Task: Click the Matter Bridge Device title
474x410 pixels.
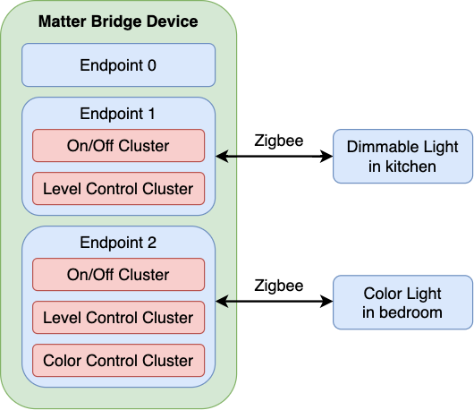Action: coord(118,21)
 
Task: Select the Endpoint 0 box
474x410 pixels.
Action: coord(118,64)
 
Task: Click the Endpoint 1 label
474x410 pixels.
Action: coord(118,114)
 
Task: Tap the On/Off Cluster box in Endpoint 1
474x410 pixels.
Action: coord(118,146)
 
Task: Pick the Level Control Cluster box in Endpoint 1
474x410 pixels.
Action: coord(118,189)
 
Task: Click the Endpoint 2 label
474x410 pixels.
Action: coord(118,243)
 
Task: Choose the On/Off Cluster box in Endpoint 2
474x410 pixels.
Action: coord(118,275)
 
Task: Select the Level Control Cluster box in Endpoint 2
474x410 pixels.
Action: coord(118,318)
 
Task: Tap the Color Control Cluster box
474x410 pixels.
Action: coord(118,361)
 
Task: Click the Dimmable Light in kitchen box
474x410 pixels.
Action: coord(402,157)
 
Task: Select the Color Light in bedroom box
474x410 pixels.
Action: coord(402,303)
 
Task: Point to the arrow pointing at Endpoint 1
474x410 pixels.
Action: coord(227,157)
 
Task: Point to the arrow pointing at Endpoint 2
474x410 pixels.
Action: coord(227,303)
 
